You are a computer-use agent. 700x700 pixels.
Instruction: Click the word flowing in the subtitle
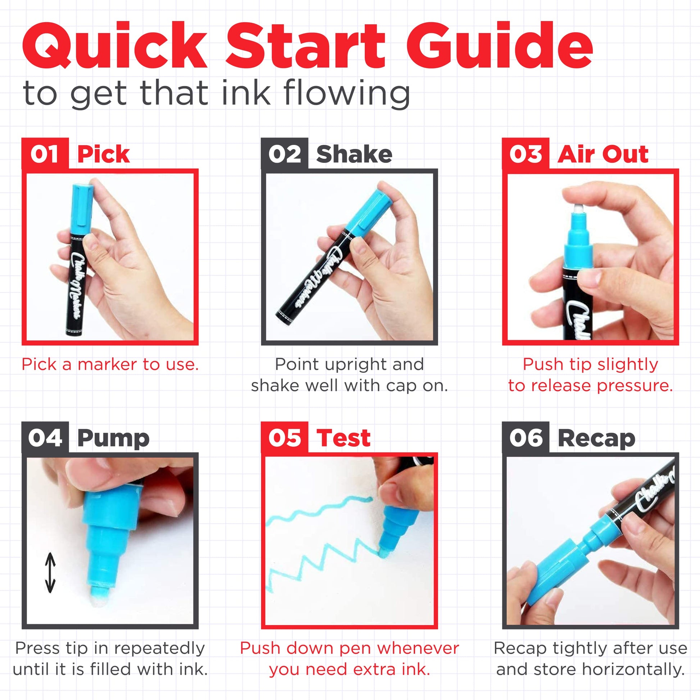(x=347, y=94)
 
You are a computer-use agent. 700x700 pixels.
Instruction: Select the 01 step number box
(x=45, y=154)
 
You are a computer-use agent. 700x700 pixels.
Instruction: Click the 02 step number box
(x=285, y=154)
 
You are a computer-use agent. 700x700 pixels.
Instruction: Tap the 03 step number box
(x=526, y=154)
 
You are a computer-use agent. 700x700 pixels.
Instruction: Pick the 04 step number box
(x=45, y=438)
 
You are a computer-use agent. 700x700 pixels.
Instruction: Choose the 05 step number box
(x=285, y=438)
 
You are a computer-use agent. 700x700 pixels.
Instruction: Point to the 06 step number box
(x=526, y=438)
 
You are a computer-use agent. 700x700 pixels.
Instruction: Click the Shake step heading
(x=354, y=154)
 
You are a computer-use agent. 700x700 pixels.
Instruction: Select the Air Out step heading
(x=603, y=154)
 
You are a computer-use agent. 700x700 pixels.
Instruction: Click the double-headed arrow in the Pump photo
(x=50, y=572)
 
